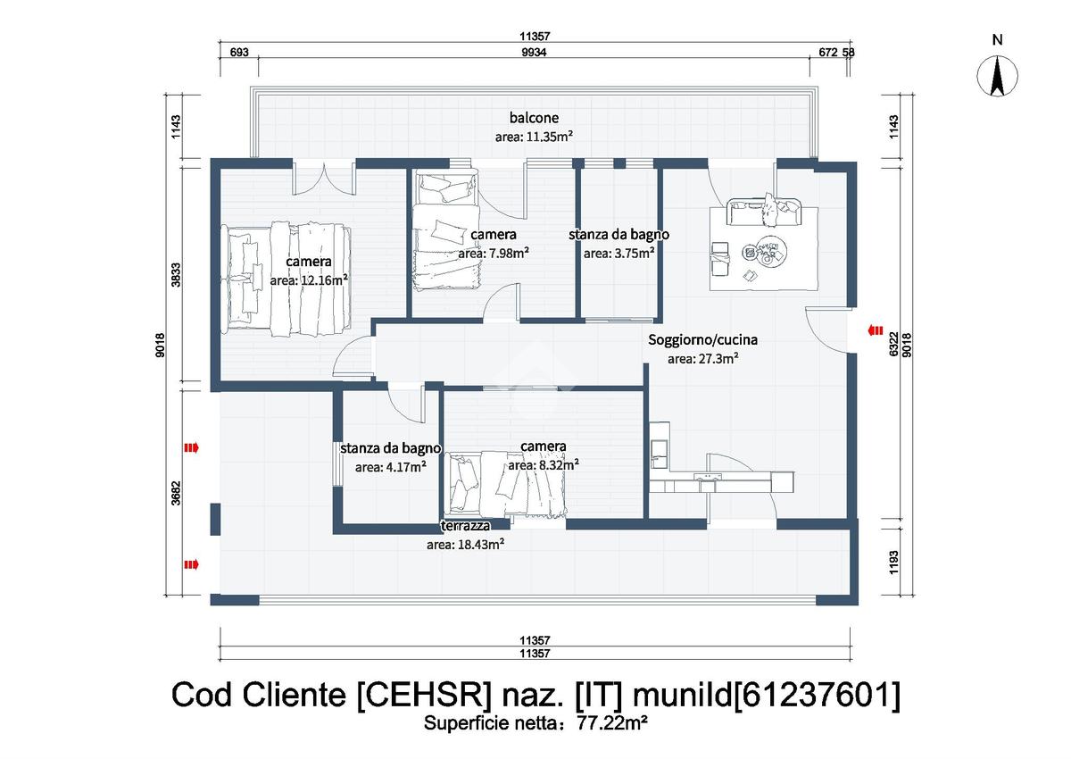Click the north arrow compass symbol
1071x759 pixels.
pyautogui.click(x=997, y=76)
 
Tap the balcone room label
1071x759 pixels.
pyautogui.click(x=534, y=118)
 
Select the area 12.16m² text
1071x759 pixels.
pyautogui.click(x=309, y=280)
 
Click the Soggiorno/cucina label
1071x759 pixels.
pyautogui.click(x=703, y=340)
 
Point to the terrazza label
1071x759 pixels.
pyautogui.click(x=465, y=526)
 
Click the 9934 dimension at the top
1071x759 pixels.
pyautogui.click(x=534, y=52)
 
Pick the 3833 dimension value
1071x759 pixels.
pyautogui.click(x=177, y=275)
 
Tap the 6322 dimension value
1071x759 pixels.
pyautogui.click(x=893, y=344)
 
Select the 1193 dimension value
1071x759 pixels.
pyautogui.click(x=893, y=563)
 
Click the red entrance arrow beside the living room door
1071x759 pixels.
pyautogui.click(x=876, y=330)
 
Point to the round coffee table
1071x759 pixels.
pyautogui.click(x=765, y=251)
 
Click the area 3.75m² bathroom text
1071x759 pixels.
pyautogui.click(x=619, y=254)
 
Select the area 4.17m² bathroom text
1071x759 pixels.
pyautogui.click(x=391, y=467)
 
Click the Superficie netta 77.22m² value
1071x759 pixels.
pyautogui.click(x=612, y=722)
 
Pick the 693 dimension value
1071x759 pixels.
pyautogui.click(x=239, y=52)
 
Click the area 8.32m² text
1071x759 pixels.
pyautogui.click(x=544, y=465)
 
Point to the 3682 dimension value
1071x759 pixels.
pyautogui.click(x=177, y=493)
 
